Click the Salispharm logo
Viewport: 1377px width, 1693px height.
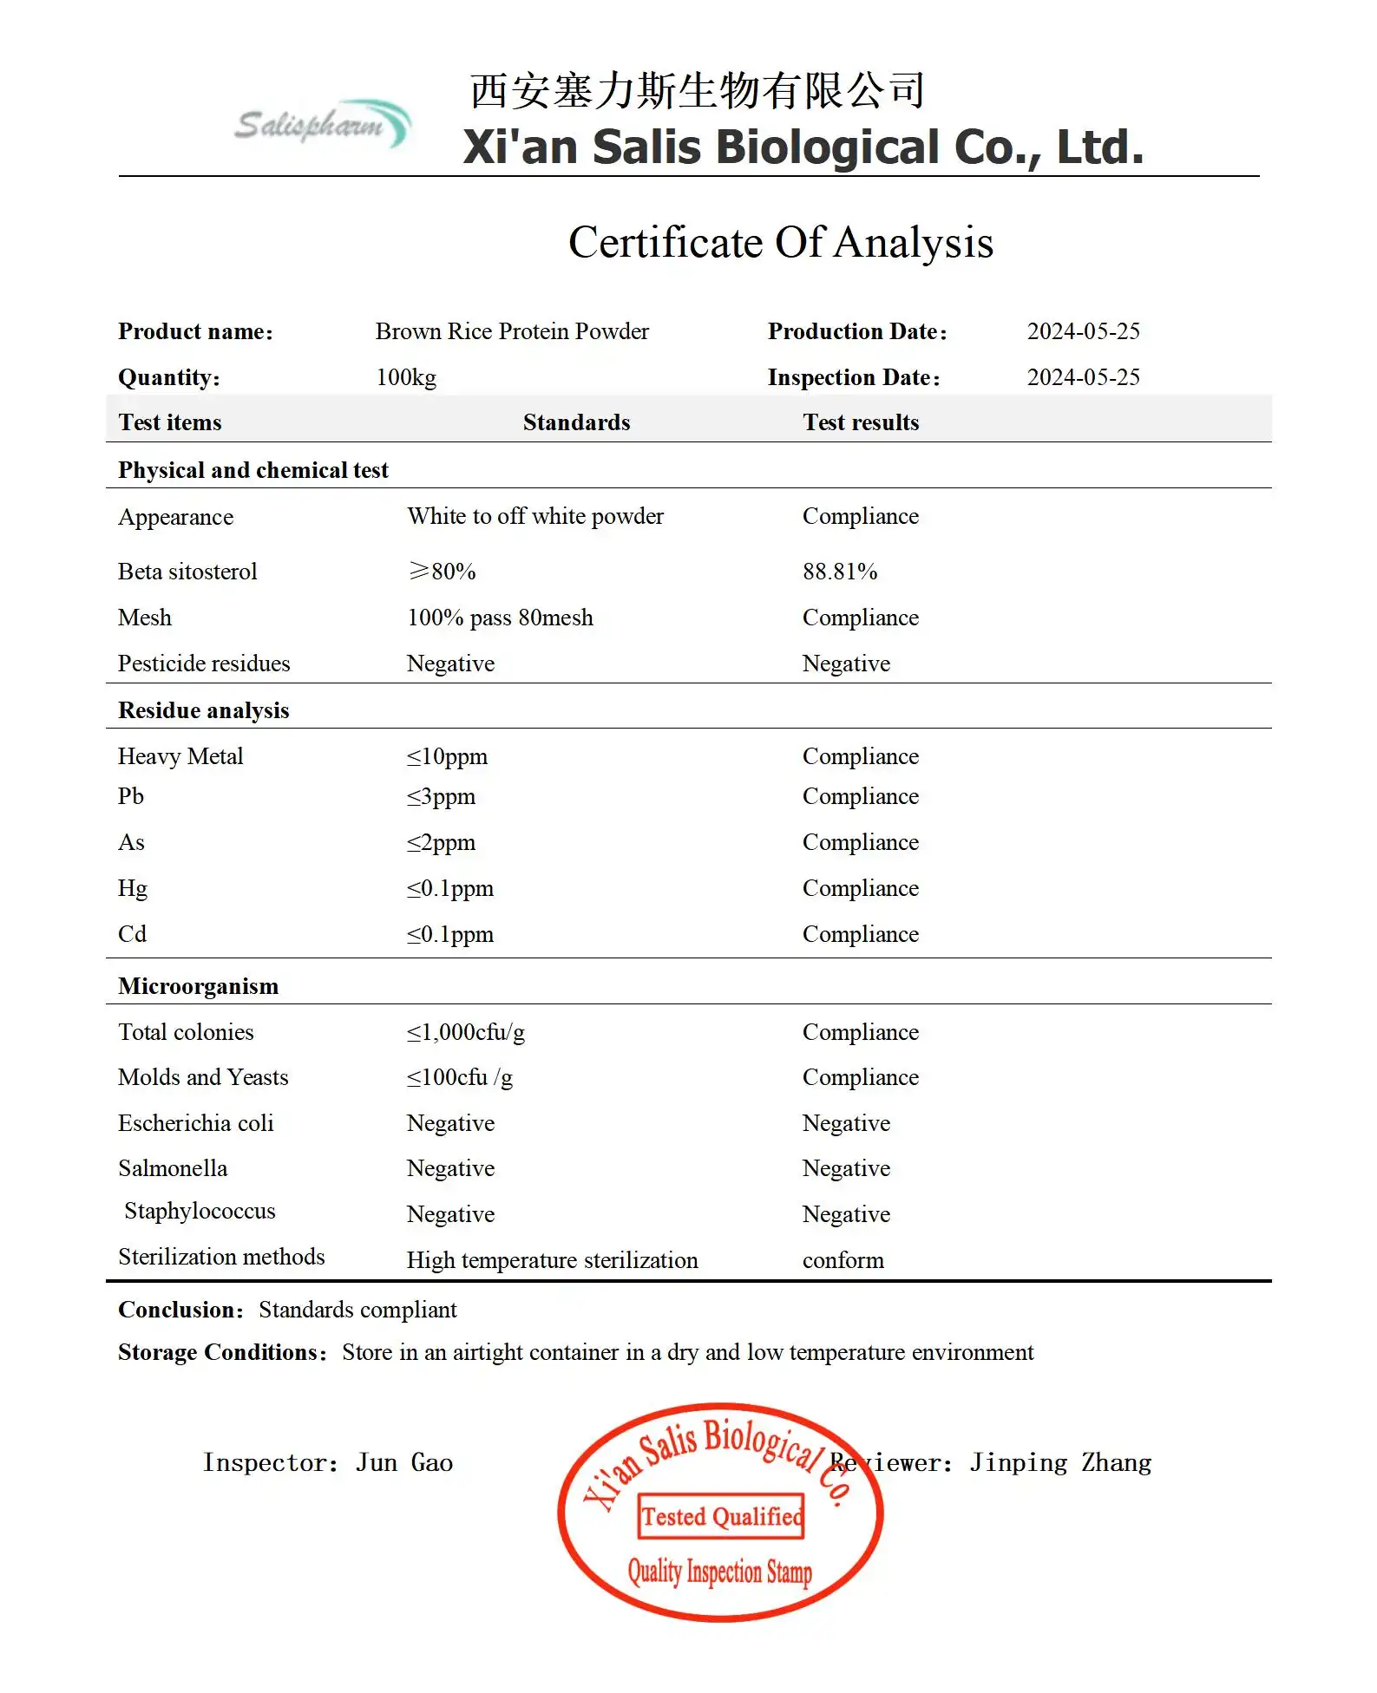tap(322, 124)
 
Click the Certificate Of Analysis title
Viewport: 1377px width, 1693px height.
tap(780, 242)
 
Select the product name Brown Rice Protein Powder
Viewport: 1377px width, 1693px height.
tap(511, 331)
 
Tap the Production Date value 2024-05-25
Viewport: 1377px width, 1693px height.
tap(1083, 331)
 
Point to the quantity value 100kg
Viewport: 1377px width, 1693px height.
tap(405, 377)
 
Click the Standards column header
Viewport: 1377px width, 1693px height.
tap(576, 422)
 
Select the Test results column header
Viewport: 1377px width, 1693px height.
tap(860, 422)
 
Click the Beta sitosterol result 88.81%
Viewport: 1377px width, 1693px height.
tap(839, 572)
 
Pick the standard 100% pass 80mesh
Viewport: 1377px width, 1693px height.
tap(500, 618)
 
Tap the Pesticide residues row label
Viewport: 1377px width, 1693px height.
tap(204, 663)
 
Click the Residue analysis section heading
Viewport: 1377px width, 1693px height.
tap(203, 710)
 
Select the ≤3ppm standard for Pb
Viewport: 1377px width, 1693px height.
tap(441, 796)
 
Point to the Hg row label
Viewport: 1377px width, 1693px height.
tap(133, 888)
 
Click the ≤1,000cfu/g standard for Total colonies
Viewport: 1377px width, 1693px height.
tap(465, 1032)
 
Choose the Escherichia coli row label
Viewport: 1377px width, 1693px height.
tap(195, 1123)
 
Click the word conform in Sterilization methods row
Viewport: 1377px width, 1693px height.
tap(843, 1260)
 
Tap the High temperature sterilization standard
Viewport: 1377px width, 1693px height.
tap(552, 1260)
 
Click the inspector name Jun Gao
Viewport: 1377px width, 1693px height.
tap(403, 1462)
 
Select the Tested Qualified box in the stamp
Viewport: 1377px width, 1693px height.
tap(720, 1516)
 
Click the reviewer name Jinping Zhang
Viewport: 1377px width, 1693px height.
tap(1060, 1462)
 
